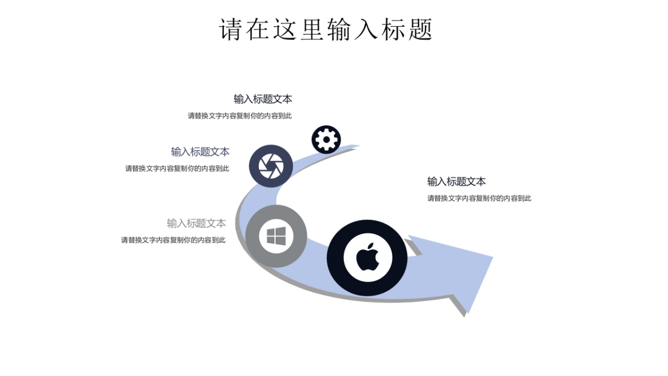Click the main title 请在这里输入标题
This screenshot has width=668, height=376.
(326, 29)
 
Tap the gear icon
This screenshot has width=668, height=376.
(326, 139)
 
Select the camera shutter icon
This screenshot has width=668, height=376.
(271, 166)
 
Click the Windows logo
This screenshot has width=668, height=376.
(276, 236)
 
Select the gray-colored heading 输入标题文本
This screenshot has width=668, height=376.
(197, 223)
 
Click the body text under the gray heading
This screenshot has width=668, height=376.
(173, 240)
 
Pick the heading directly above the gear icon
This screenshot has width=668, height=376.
(263, 99)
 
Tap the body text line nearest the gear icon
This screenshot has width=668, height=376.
(239, 116)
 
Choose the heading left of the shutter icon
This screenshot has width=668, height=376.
(200, 152)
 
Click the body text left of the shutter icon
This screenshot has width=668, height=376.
(177, 168)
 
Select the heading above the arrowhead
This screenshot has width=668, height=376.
(456, 182)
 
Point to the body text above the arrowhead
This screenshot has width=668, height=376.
(479, 198)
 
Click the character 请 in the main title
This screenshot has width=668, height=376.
(230, 29)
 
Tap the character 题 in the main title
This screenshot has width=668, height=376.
(422, 29)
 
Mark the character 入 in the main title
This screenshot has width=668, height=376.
(367, 29)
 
